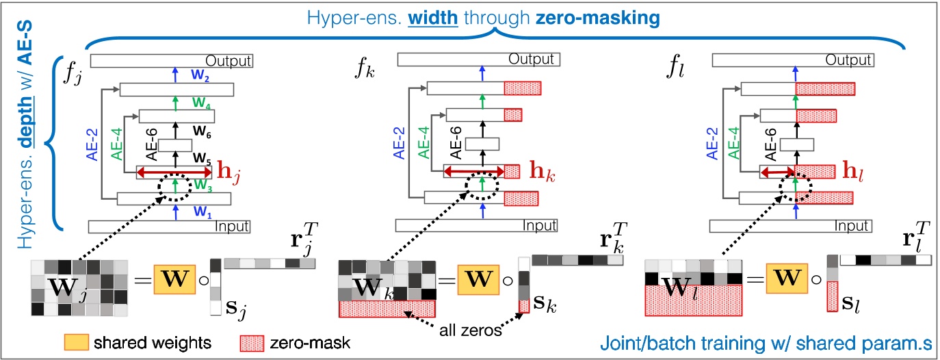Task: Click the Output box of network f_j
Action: click(172, 61)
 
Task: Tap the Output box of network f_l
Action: click(794, 61)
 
